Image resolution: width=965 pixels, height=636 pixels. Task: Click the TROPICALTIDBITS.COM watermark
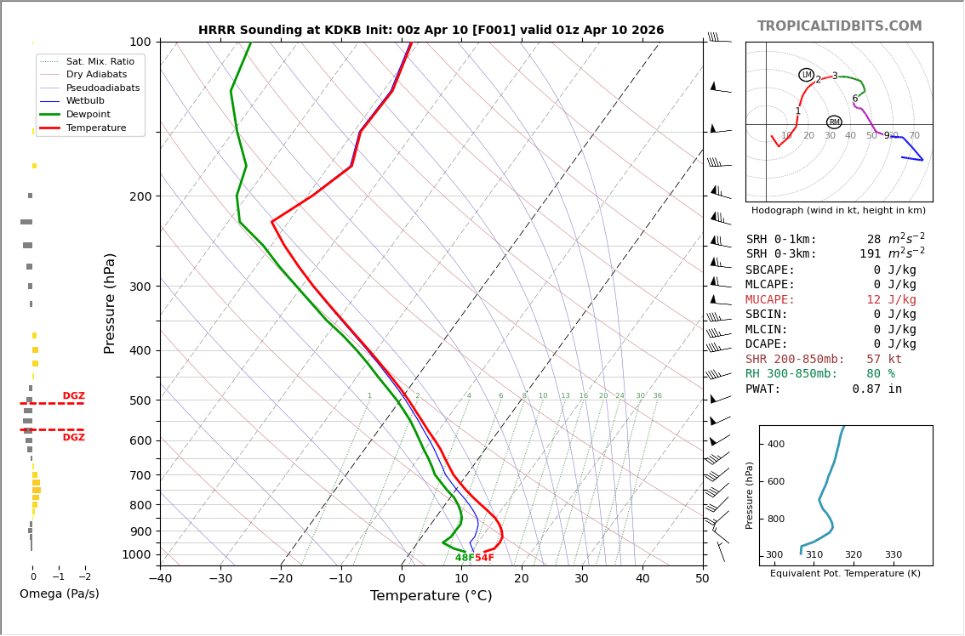839,26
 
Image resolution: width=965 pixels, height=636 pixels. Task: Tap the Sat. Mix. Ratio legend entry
100,62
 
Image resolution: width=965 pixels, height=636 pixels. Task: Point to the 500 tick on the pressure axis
140,400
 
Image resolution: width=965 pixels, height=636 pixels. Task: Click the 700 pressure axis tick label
140,475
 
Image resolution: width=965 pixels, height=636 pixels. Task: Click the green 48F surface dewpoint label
465,558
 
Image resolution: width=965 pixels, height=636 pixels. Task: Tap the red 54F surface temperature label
484,558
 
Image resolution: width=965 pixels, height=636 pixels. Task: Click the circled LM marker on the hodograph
807,75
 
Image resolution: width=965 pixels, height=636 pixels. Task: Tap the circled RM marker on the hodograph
834,122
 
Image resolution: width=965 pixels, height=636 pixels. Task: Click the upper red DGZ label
74,396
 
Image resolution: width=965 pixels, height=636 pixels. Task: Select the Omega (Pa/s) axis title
60,594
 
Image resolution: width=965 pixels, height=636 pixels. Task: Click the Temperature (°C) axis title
431,597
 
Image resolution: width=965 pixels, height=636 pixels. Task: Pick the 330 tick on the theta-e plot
893,555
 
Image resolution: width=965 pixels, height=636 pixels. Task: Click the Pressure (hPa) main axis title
110,303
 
